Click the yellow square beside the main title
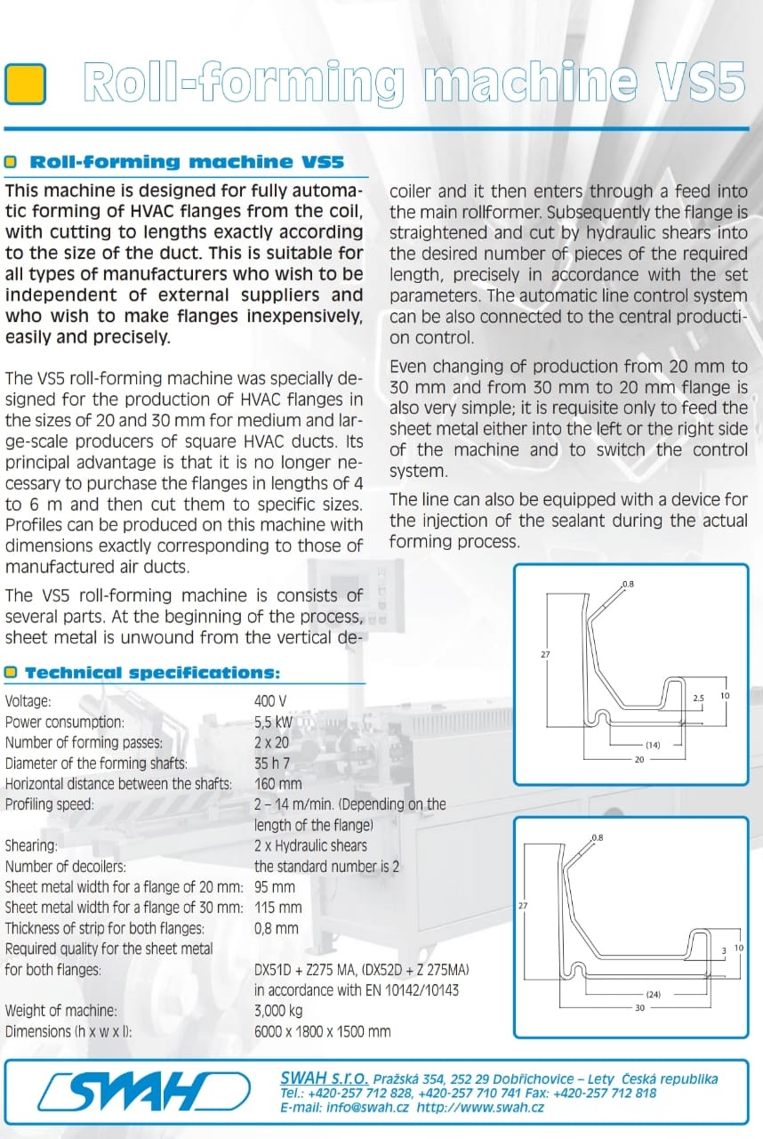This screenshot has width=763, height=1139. coord(25,85)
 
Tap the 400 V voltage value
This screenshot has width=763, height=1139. coord(270,701)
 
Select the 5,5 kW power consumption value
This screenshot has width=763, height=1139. coord(273,722)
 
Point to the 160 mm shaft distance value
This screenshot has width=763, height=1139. coord(277,784)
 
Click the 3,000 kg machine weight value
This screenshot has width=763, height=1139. coord(278,1011)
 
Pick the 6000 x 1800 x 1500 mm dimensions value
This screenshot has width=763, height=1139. coord(322,1032)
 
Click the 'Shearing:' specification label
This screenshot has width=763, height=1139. coord(30,846)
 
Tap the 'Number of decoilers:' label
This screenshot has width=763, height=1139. coord(65,867)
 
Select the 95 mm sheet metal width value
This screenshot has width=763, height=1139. coord(274,887)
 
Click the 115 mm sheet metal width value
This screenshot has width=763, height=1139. coord(277,908)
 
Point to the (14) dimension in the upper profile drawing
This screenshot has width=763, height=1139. coord(653,745)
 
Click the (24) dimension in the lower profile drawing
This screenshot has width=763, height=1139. coord(653,994)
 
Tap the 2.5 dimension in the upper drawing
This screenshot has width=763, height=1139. coord(698,699)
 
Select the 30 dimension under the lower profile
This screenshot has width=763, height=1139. coord(639,1008)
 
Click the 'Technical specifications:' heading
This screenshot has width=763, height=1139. coord(152,674)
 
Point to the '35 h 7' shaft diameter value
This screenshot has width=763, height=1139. coord(277,763)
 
